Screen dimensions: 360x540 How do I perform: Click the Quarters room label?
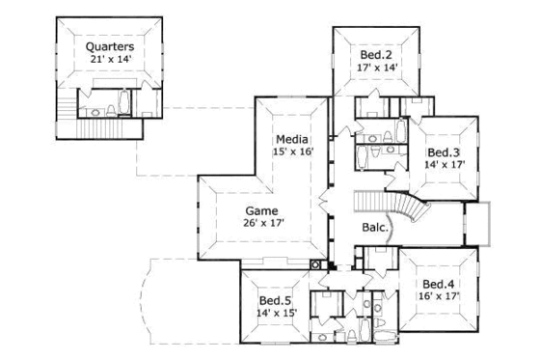tap(109, 45)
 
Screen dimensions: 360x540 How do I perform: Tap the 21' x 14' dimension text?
tap(109, 60)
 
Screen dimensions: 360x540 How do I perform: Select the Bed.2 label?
tap(376, 54)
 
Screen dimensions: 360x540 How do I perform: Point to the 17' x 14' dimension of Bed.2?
tap(376, 69)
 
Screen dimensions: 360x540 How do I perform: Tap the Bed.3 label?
tap(444, 152)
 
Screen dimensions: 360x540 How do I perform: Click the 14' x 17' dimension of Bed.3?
tap(444, 165)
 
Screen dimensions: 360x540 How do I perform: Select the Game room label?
tap(260, 210)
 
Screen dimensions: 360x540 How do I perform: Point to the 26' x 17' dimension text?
tap(262, 225)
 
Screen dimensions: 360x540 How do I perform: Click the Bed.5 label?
tap(275, 301)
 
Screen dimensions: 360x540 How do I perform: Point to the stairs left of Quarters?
tap(66, 109)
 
